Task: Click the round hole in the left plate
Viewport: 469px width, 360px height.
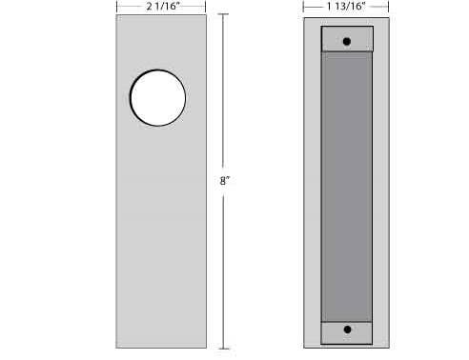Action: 157,97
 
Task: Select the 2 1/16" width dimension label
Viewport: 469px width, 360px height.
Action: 160,8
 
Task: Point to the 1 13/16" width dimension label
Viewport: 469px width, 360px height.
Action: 346,8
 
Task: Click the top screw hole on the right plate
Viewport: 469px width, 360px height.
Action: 347,41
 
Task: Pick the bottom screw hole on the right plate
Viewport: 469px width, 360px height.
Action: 347,330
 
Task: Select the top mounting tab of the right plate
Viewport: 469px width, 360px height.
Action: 347,38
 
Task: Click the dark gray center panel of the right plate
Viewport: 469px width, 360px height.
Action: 347,186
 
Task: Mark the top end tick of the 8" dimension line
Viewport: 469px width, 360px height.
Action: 224,17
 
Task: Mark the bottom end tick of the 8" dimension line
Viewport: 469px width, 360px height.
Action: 224,349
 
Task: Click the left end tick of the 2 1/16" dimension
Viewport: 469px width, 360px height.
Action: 115,8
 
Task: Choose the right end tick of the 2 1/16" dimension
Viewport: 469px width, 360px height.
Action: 205,8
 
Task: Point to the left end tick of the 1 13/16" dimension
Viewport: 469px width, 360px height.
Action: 304,8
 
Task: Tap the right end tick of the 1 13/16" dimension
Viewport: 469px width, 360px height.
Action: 390,8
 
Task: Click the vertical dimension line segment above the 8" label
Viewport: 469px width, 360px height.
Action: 224,95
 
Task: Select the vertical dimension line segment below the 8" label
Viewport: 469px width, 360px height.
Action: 224,267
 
